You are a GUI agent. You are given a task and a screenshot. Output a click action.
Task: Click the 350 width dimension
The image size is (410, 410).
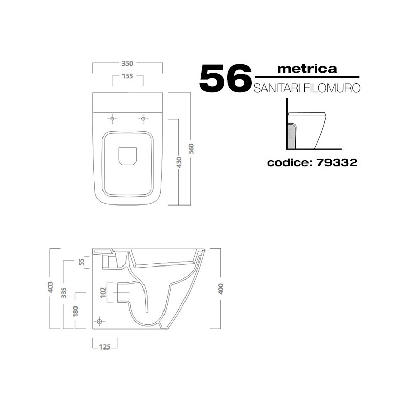[x=127, y=64]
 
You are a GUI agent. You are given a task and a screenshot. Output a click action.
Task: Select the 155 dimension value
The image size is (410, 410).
[x=128, y=76]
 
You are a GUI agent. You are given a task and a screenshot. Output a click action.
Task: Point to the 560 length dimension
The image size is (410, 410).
[x=191, y=149]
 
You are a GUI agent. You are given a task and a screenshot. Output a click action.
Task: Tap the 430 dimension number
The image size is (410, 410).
[x=179, y=162]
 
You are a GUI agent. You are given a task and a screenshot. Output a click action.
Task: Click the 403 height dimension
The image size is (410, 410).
[x=50, y=287]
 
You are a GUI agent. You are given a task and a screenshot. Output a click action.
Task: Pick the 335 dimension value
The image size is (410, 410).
[x=64, y=293]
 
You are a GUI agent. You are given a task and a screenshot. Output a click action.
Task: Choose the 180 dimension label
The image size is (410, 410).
[x=75, y=311]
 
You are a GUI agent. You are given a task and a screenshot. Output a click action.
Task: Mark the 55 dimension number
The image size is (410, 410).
[x=82, y=262]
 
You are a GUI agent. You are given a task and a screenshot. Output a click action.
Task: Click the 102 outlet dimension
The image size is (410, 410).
[x=104, y=292]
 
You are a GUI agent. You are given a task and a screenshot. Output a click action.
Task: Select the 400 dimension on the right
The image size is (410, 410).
[x=221, y=289]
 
